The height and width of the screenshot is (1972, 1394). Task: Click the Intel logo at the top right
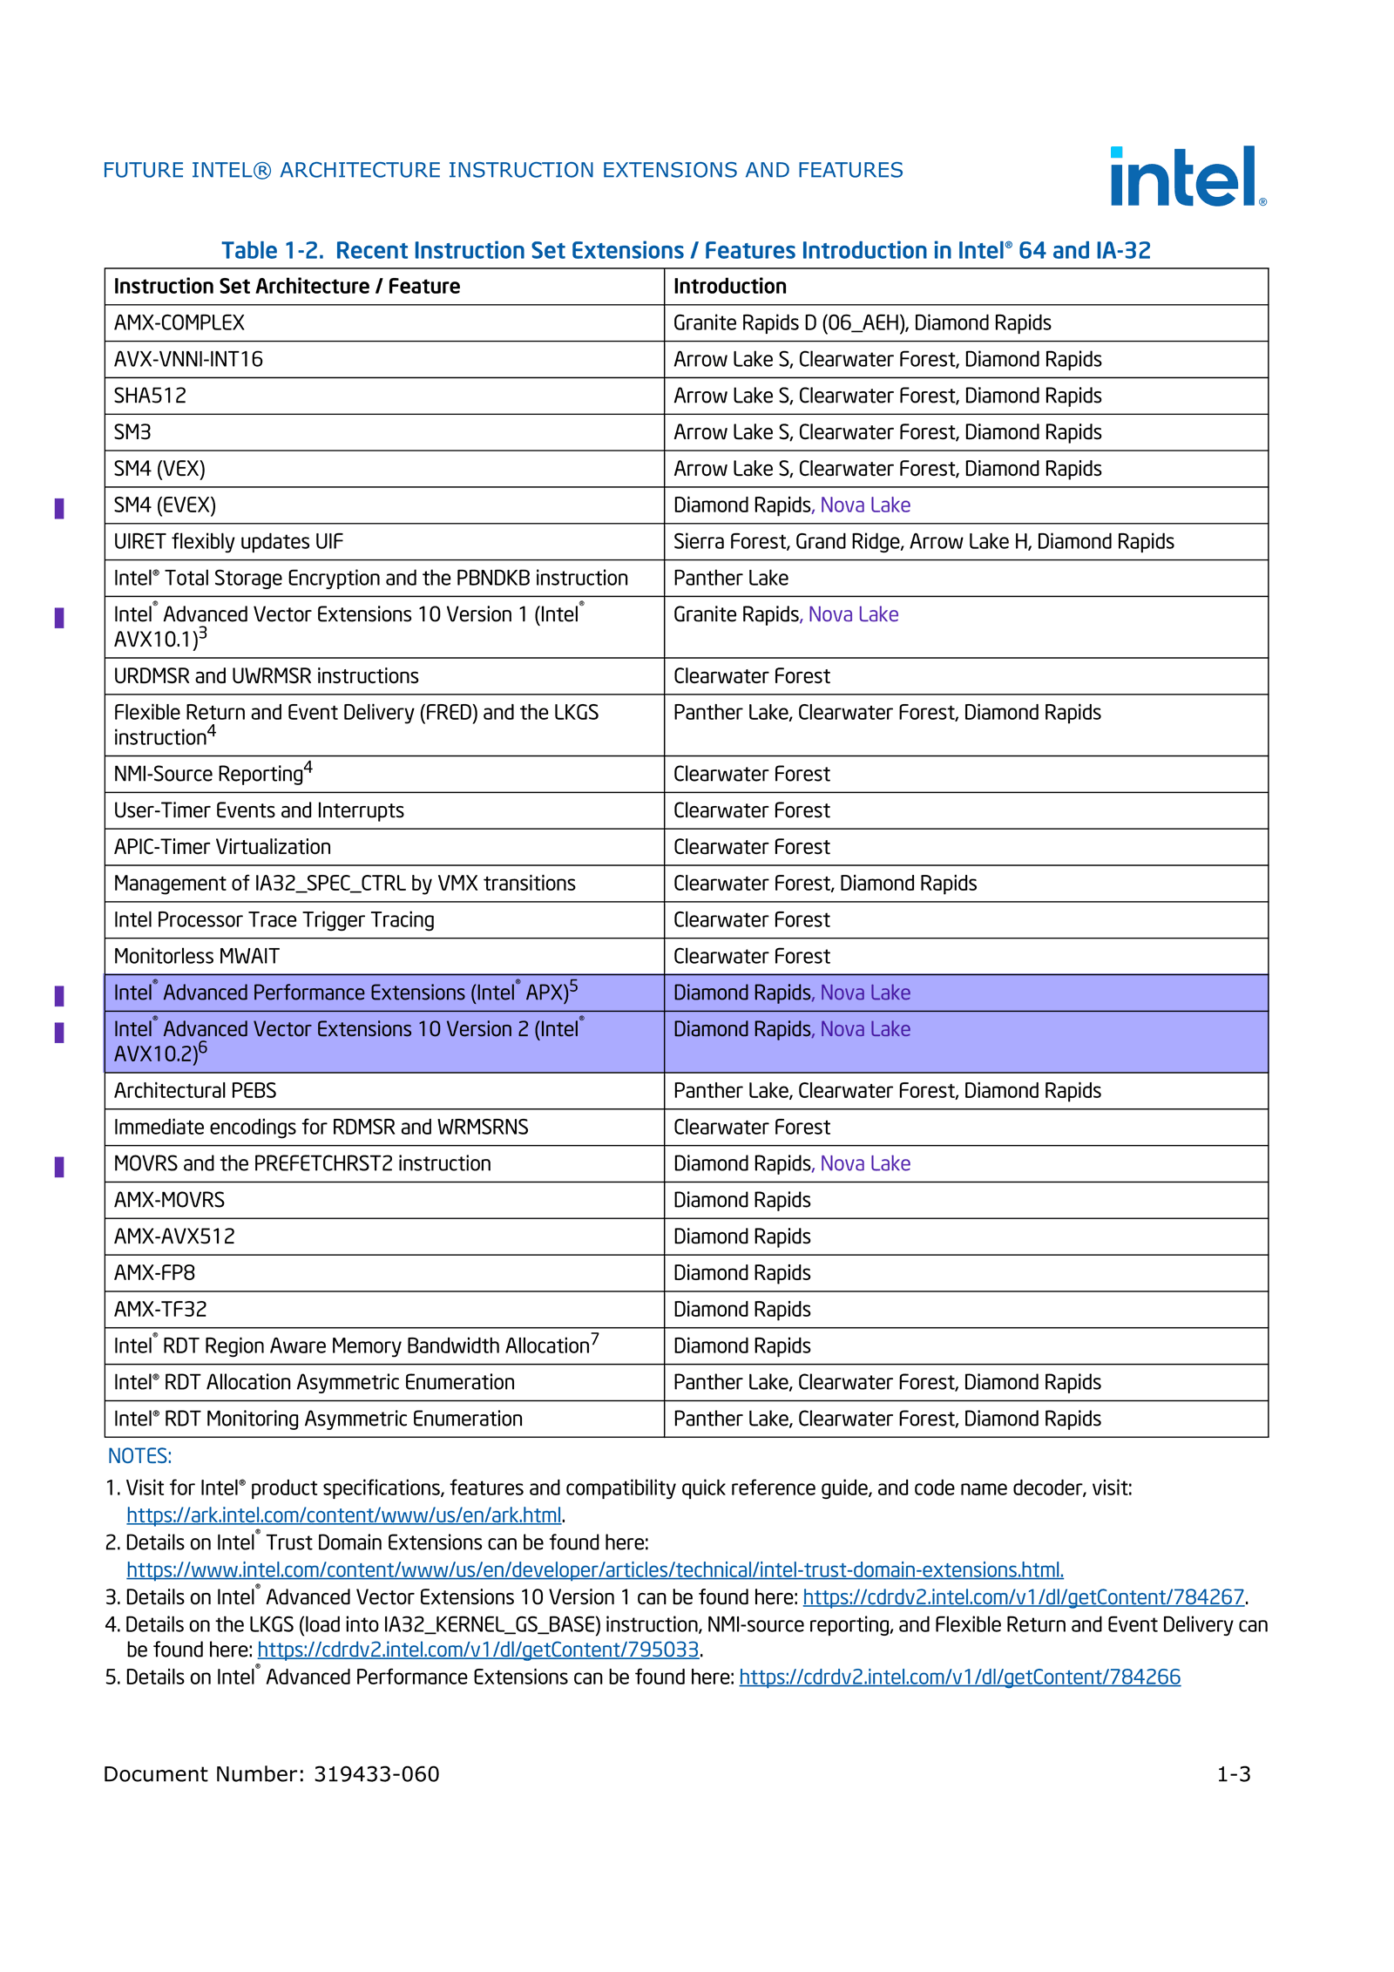point(1187,176)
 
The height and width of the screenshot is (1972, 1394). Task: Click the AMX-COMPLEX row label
point(179,322)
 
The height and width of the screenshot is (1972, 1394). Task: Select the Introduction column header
point(729,286)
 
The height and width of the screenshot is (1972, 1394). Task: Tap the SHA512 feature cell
point(150,396)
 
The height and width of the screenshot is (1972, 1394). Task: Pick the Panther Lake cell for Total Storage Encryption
point(730,578)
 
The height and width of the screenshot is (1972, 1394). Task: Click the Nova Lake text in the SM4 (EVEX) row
point(865,505)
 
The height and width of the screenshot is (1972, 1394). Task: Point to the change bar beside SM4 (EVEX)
point(59,508)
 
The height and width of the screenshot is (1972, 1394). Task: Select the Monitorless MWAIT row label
point(196,956)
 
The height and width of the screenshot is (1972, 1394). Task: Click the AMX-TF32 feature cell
point(160,1309)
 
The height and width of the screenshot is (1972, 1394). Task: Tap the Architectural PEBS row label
point(194,1090)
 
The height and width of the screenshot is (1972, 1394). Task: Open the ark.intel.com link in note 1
point(343,1515)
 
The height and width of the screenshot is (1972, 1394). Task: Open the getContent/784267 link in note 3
point(1023,1596)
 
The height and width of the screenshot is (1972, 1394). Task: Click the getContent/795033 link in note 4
point(477,1650)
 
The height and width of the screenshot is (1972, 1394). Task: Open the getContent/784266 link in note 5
point(959,1677)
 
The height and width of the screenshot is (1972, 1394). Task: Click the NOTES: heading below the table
point(139,1455)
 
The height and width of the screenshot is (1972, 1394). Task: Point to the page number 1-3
point(1233,1774)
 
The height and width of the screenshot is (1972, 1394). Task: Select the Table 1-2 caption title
point(686,250)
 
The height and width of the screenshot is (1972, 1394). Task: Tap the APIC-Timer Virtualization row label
point(222,847)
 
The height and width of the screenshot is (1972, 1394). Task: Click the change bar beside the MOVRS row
point(59,1166)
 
